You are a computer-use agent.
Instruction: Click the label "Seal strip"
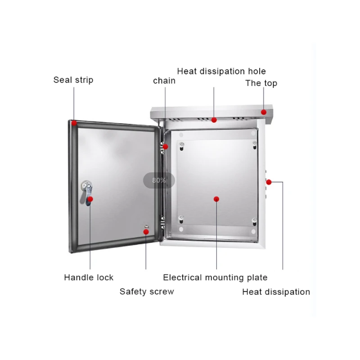[73, 80]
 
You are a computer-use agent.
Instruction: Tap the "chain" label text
[164, 81]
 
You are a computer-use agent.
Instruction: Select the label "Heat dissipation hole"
[221, 71]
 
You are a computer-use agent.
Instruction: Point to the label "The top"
[261, 83]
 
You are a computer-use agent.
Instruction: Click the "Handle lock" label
[89, 278]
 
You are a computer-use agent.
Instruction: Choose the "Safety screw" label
[147, 292]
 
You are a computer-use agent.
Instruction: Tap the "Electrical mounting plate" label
[215, 278]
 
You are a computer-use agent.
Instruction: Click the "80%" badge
[159, 180]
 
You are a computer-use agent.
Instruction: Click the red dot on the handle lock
[90, 198]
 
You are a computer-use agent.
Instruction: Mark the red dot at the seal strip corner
[74, 122]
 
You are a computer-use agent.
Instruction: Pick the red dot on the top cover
[264, 112]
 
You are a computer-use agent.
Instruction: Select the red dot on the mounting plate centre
[216, 198]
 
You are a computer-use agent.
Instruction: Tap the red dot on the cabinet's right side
[269, 182]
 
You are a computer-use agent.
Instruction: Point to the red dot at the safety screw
[146, 231]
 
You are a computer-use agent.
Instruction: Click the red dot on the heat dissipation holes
[214, 120]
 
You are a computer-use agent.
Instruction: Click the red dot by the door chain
[166, 146]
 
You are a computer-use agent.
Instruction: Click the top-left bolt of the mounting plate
[181, 145]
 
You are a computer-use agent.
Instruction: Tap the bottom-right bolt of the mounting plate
[254, 221]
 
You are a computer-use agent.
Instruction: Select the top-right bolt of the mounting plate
[254, 144]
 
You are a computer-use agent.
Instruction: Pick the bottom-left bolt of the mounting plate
[181, 220]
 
